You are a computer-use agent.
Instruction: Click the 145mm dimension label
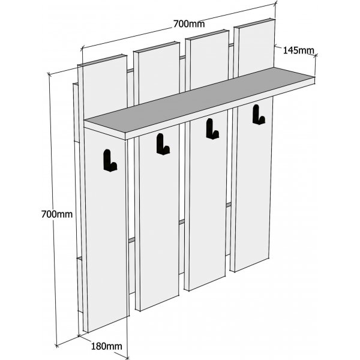click(298, 50)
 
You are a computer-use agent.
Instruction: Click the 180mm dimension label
click(107, 346)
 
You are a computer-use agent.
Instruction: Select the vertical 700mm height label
click(57, 214)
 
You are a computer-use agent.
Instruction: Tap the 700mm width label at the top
click(189, 24)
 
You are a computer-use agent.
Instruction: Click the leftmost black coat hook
click(110, 160)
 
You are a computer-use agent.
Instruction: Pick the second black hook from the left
click(163, 144)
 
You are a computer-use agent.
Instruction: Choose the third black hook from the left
click(212, 129)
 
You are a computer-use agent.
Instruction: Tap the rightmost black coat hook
click(259, 115)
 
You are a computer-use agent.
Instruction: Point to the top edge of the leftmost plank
click(103, 61)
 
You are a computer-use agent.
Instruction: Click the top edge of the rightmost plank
click(254, 23)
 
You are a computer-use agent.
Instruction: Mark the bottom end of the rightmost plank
click(250, 265)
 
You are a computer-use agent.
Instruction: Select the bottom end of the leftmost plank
click(106, 324)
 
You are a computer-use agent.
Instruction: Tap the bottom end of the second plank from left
click(157, 303)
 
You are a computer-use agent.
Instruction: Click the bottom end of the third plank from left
click(205, 283)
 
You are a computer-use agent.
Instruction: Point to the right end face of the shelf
click(315, 80)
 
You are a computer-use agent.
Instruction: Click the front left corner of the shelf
click(125, 140)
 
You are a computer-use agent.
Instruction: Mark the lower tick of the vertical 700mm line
click(57, 346)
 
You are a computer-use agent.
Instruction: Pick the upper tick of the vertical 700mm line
click(49, 74)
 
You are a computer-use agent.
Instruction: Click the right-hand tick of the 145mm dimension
click(316, 55)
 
